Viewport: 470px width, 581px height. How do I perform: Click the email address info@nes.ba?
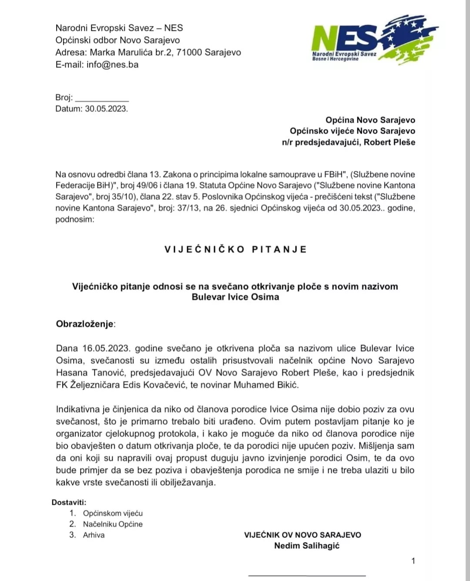point(112,64)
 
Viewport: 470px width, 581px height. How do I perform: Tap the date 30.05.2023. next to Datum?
point(107,109)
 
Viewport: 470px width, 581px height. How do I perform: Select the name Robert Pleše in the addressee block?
point(389,142)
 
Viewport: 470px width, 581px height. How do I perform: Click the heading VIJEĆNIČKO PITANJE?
point(235,250)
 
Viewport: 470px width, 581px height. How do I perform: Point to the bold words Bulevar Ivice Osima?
point(235,297)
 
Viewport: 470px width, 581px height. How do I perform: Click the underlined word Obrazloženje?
point(85,324)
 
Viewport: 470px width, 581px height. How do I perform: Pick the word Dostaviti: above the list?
point(69,502)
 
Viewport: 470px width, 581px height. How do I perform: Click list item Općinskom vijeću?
point(113,513)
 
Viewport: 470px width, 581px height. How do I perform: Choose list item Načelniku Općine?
point(113,524)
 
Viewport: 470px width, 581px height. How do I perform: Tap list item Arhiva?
point(94,535)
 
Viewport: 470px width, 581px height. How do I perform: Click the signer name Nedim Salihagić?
point(306,546)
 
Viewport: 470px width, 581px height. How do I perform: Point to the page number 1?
point(413,561)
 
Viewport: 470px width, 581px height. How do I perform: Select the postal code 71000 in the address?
point(189,53)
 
